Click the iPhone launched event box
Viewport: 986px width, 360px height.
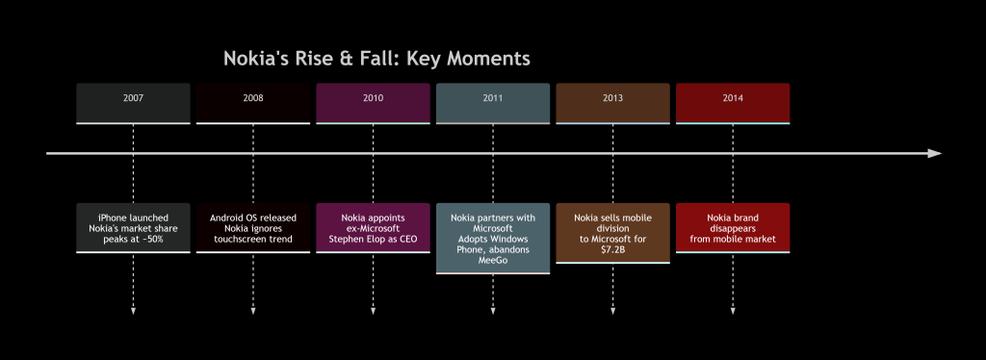coord(133,227)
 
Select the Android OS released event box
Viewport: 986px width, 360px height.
coord(253,227)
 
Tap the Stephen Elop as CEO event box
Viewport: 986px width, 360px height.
coord(373,227)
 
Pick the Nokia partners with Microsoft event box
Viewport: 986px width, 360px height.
coord(493,238)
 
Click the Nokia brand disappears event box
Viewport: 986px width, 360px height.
coord(733,227)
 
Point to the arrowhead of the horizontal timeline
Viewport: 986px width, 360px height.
coord(934,153)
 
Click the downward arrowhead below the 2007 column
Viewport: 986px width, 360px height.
coord(133,311)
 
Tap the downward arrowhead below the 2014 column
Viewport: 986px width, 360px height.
coord(733,311)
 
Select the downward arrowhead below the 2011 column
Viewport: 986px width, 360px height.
coord(493,311)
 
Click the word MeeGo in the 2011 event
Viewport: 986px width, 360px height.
coord(493,260)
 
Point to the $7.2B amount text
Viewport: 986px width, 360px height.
coord(612,249)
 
